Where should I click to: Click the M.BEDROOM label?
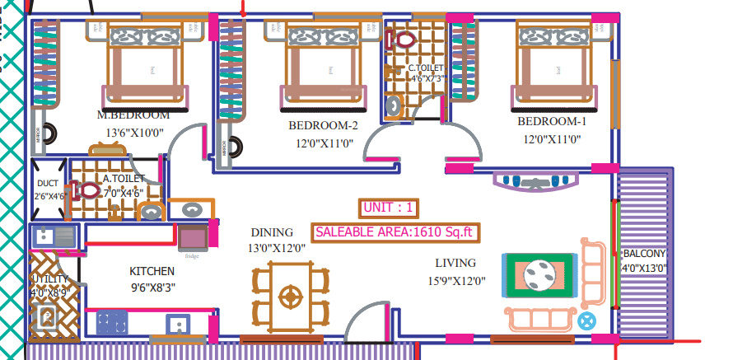tap(133, 115)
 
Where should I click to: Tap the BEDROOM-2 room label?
tap(323, 126)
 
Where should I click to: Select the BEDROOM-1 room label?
tap(552, 122)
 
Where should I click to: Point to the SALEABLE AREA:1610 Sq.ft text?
tap(395, 232)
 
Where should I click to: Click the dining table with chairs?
tap(290, 294)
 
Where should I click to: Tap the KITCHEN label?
tap(152, 271)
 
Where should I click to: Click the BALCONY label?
tap(644, 254)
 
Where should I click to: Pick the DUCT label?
tap(47, 184)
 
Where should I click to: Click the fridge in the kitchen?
tap(193, 239)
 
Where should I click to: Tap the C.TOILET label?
tap(426, 68)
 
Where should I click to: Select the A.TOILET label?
tap(124, 178)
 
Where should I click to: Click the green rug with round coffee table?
tap(539, 274)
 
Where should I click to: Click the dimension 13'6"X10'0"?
tap(136, 132)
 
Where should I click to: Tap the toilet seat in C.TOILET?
tap(404, 38)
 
